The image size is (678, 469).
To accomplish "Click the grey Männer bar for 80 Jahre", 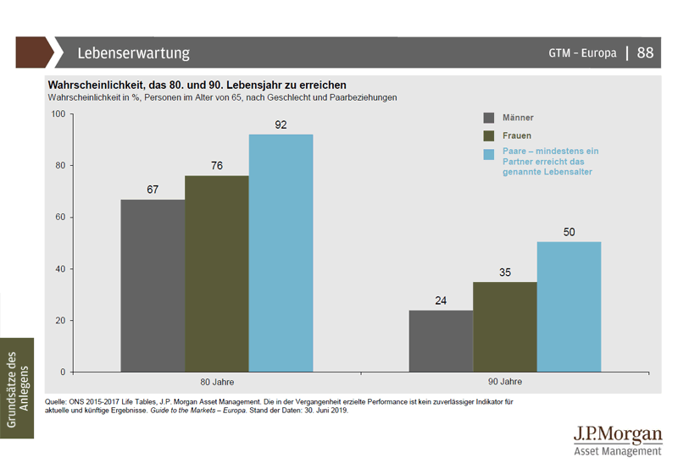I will tap(153, 285).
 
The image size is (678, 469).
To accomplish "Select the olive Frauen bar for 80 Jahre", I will tap(217, 273).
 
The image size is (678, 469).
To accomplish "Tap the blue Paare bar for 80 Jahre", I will tap(281, 252).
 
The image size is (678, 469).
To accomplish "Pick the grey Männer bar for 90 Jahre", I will tap(441, 341).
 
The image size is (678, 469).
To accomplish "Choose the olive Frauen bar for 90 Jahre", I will tap(505, 327).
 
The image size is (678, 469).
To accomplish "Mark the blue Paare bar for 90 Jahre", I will tap(569, 307).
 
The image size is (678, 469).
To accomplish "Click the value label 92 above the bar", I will tap(281, 125).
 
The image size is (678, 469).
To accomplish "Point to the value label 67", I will tap(153, 190).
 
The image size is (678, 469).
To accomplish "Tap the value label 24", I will tap(441, 301).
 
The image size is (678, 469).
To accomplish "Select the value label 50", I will tap(569, 232).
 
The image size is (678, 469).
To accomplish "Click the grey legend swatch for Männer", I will tap(489, 118).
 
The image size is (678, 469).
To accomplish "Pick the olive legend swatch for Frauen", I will tap(489, 135).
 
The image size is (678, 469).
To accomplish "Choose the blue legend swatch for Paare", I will tap(489, 153).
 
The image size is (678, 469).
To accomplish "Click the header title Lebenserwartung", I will tap(134, 53).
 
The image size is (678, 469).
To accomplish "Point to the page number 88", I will tap(646, 52).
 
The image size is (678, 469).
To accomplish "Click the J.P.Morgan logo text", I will tap(617, 434).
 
